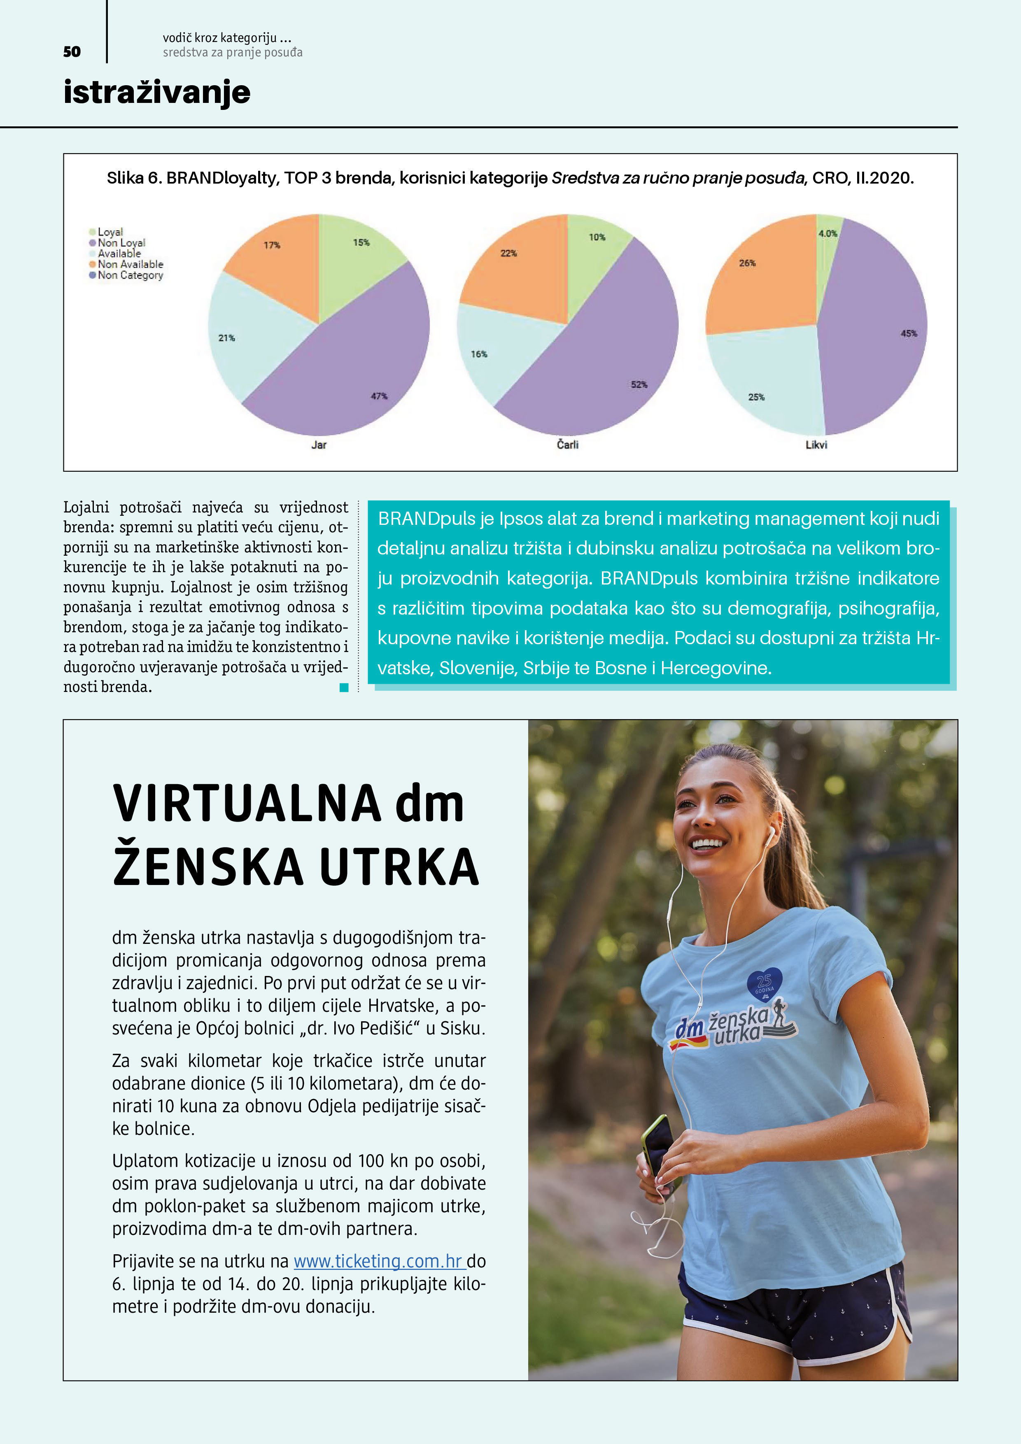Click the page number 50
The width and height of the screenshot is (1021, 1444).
pyautogui.click(x=72, y=51)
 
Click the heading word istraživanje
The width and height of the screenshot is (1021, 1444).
pyautogui.click(x=156, y=93)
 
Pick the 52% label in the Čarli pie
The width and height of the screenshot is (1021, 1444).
pyautogui.click(x=639, y=384)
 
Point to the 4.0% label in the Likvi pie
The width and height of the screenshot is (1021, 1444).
pyautogui.click(x=827, y=233)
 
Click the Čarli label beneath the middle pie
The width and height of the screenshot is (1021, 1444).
pyautogui.click(x=567, y=445)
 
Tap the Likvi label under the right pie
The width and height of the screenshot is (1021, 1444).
pyautogui.click(x=816, y=445)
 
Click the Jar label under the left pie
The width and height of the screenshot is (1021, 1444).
pyautogui.click(x=319, y=445)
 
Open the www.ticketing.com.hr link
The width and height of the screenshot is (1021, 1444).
pyautogui.click(x=378, y=1261)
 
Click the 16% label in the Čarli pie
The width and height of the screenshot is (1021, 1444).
pyautogui.click(x=479, y=354)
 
